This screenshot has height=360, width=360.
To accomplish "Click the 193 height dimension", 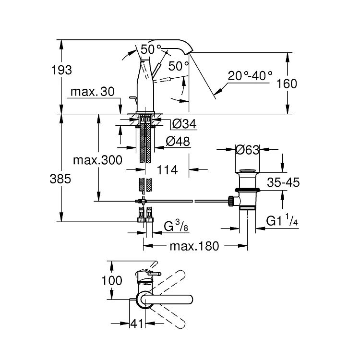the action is click(x=61, y=70).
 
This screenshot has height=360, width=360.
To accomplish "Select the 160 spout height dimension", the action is click(x=287, y=84).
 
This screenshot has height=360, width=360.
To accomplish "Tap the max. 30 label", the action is click(x=92, y=92).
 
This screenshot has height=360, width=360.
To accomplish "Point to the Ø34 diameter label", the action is click(x=184, y=124).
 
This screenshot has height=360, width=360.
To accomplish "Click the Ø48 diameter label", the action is click(x=178, y=141).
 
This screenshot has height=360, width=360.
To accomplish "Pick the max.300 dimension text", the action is click(x=97, y=160).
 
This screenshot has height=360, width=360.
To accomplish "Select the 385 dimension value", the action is click(x=60, y=179).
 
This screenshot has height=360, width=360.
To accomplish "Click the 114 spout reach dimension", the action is click(x=167, y=170).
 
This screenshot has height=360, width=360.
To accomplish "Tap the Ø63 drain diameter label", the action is click(x=247, y=150).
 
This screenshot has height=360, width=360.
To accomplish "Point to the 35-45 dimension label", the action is click(x=283, y=182).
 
